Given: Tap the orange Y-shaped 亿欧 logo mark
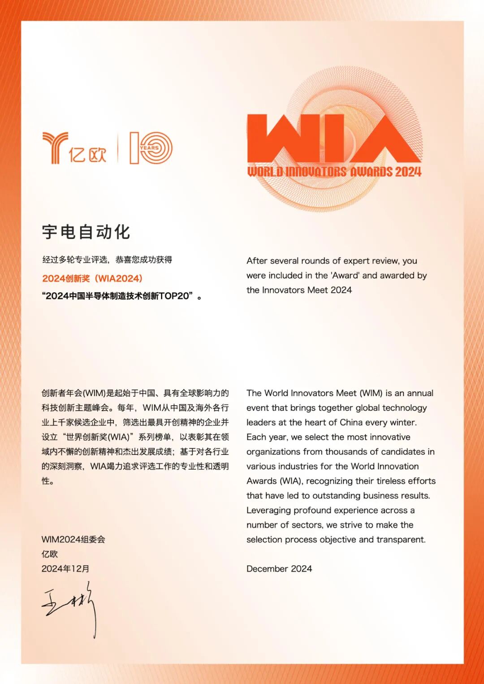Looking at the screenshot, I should click(55, 147).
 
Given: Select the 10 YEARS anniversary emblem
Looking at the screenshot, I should click(151, 148).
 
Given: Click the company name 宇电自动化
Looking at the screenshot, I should click(86, 232).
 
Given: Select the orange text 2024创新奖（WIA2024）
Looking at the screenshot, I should click(92, 278).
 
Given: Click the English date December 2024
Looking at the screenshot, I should click(279, 568).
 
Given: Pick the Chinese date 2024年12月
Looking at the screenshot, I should click(65, 568).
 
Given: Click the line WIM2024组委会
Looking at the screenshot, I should click(73, 539).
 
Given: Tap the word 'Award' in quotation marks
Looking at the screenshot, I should click(345, 275).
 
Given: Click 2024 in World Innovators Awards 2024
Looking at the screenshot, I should click(408, 172).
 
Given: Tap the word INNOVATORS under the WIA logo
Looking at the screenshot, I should click(316, 172).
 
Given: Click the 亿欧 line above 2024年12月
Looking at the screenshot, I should click(50, 554).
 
